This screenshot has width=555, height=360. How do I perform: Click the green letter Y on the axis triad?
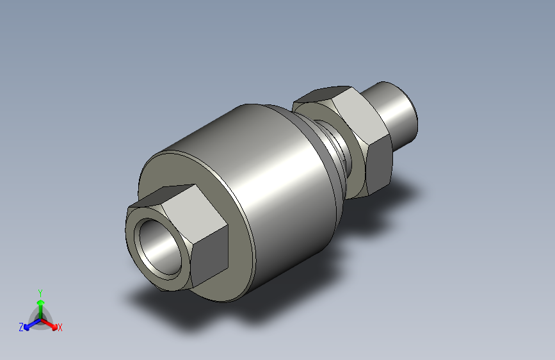40,291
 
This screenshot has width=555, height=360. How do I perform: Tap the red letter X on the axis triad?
60,328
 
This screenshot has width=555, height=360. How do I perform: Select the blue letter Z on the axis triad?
21,327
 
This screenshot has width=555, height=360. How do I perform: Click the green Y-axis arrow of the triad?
40,304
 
